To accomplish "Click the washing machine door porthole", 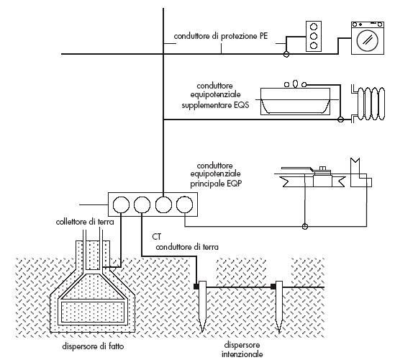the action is pyautogui.click(x=368, y=40).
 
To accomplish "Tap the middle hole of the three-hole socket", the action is pyautogui.click(x=314, y=36).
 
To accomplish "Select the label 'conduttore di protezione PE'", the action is pyautogui.click(x=221, y=36).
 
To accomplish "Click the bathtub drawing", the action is pyautogui.click(x=295, y=102).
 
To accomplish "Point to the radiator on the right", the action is pyautogui.click(x=368, y=104).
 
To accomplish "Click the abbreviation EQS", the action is pyautogui.click(x=241, y=105).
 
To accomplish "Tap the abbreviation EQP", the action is pyautogui.click(x=234, y=184).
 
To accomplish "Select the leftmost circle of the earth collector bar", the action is pyautogui.click(x=121, y=204).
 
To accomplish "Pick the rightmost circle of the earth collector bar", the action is pyautogui.click(x=185, y=204).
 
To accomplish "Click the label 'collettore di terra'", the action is pyautogui.click(x=85, y=222).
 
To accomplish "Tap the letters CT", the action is pyautogui.click(x=156, y=237).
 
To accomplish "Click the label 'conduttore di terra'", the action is pyautogui.click(x=187, y=247).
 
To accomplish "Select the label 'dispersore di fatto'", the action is pyautogui.click(x=93, y=346).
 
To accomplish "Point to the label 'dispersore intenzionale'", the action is pyautogui.click(x=242, y=349).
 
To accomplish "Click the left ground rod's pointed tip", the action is pyautogui.click(x=202, y=331).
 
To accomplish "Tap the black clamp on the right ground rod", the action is pyautogui.click(x=273, y=286).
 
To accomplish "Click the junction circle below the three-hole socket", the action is pyautogui.click(x=286, y=54).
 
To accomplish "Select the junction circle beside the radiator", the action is pyautogui.click(x=340, y=120).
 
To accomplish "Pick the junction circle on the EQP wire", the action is pyautogui.click(x=305, y=226).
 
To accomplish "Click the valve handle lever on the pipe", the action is pyautogui.click(x=297, y=169).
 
